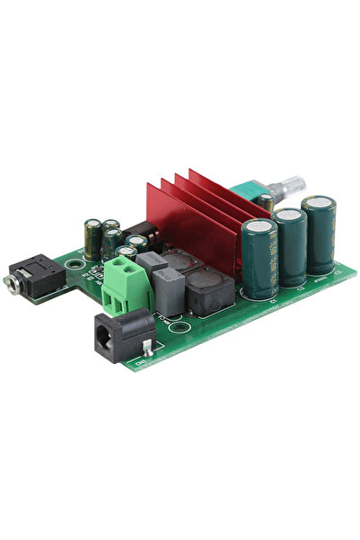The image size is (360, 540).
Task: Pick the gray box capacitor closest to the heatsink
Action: (x=154, y=263)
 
